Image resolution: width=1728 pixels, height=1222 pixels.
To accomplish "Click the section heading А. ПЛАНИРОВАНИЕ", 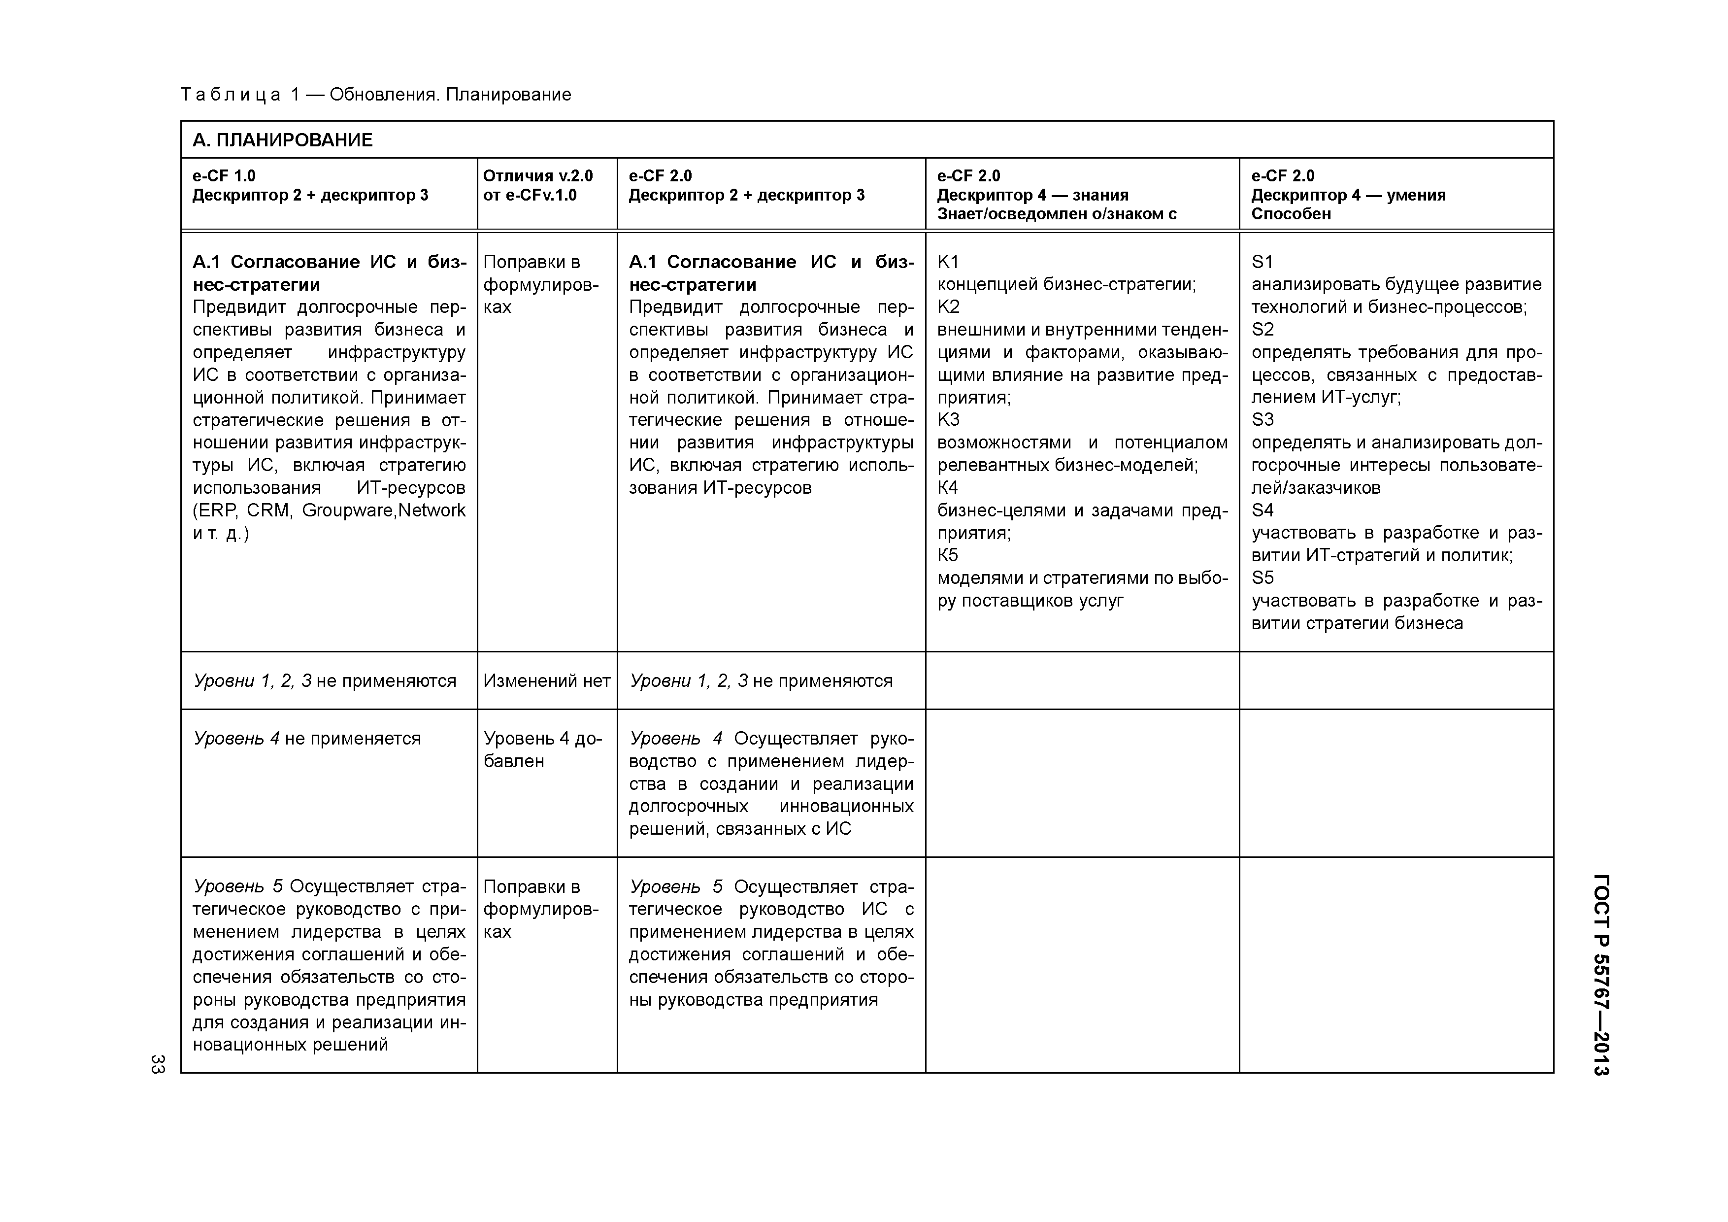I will pyautogui.click(x=282, y=140).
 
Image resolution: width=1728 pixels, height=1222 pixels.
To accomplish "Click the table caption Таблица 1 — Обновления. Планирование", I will pyautogui.click(x=375, y=95).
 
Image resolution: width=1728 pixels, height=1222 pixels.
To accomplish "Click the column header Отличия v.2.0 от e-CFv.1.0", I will pyautogui.click(x=537, y=185).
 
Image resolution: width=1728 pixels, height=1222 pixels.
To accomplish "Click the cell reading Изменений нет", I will pyautogui.click(x=546, y=680).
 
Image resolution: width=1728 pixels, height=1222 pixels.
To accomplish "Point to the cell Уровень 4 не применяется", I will pyautogui.click(x=307, y=739).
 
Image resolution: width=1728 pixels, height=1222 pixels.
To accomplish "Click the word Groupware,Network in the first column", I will pyautogui.click(x=383, y=510).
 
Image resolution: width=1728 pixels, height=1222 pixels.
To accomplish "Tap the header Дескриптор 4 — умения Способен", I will pyautogui.click(x=1347, y=204).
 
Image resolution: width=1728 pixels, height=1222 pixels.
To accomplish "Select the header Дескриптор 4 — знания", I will pyautogui.click(x=1032, y=195).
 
